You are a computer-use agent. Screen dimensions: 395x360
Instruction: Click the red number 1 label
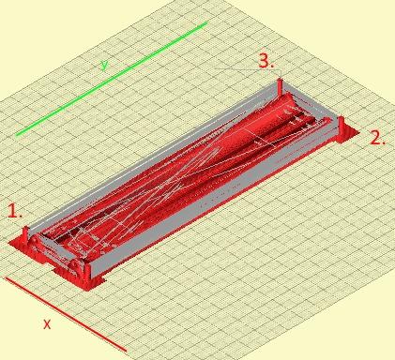click(15, 211)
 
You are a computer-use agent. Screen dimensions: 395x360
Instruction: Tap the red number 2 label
click(377, 137)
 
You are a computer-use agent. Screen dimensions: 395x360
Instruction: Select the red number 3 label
click(266, 61)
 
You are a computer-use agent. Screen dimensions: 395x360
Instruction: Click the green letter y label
click(104, 66)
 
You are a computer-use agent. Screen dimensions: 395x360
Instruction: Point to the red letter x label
click(47, 324)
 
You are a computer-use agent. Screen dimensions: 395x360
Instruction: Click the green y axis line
click(112, 79)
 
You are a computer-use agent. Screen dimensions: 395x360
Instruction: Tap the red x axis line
click(66, 314)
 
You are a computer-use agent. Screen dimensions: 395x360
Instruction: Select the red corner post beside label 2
click(341, 126)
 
